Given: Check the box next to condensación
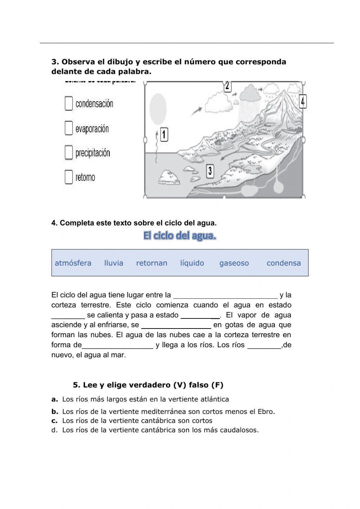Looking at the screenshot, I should tap(69, 103).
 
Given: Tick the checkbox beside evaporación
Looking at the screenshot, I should tap(69, 128).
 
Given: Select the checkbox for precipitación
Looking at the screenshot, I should tap(69, 152).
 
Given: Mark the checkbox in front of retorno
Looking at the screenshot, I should tap(69, 177).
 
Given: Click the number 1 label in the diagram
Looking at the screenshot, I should tap(164, 135).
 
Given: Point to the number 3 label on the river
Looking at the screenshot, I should tap(210, 171).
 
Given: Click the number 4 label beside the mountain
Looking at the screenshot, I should tap(303, 102).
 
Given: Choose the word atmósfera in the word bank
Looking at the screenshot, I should tap(73, 263).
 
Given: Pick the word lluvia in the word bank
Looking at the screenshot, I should tap(114, 263).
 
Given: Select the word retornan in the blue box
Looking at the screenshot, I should tap(152, 263).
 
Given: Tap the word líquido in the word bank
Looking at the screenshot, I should tap(192, 263).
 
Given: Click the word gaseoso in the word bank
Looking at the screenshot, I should tap(234, 263).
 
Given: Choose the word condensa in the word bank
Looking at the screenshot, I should tap(284, 263).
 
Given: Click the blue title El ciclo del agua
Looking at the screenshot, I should tap(180, 236).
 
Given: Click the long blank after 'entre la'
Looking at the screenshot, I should tap(225, 295).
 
